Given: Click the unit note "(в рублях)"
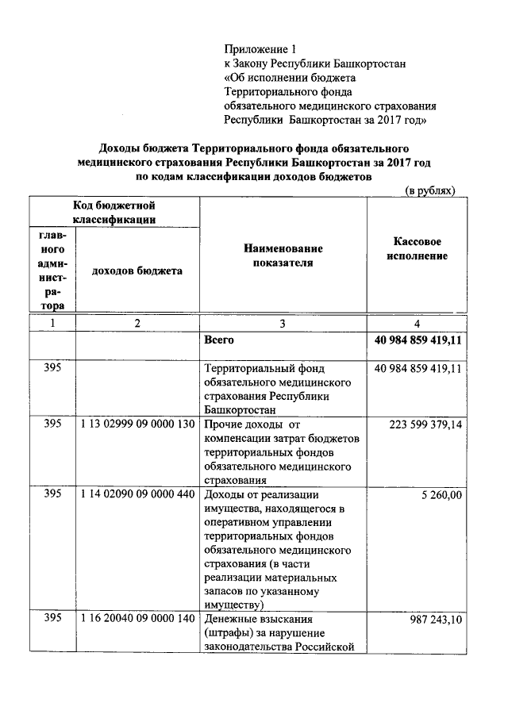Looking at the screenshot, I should (x=430, y=191).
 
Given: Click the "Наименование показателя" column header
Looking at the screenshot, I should (x=283, y=255).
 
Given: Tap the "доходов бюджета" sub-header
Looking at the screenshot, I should (x=137, y=271).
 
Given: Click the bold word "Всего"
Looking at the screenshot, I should (x=220, y=340).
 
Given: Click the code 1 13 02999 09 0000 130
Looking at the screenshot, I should (x=137, y=424).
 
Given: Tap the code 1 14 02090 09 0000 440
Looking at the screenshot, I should (x=137, y=493).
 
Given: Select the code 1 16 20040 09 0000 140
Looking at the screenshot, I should (x=137, y=618).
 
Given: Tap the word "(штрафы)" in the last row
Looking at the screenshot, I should (x=229, y=632).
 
